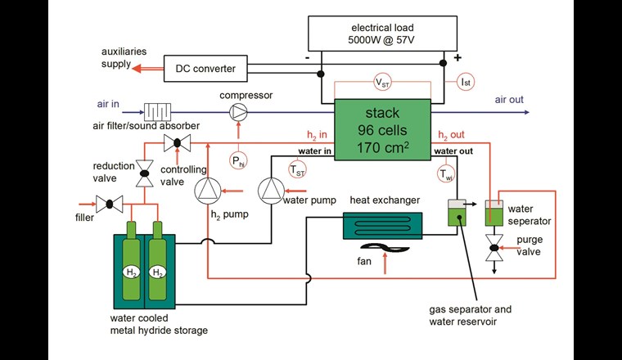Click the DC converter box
[205, 69]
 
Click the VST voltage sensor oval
[382, 83]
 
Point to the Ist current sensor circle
[464, 82]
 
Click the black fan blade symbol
[384, 254]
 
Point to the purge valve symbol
[494, 249]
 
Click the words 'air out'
[509, 101]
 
